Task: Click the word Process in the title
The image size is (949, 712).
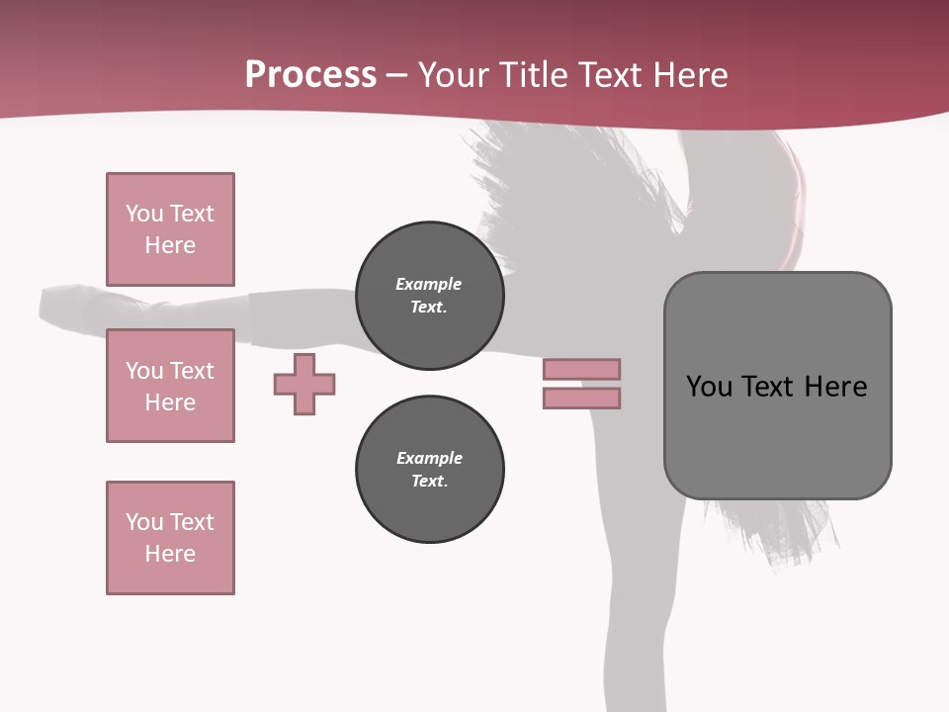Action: coord(310,75)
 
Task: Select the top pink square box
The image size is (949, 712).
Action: coord(170,229)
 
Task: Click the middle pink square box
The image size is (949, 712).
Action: coord(170,386)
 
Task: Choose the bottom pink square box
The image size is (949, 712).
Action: coord(170,538)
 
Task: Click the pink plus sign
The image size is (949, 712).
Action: coord(304,384)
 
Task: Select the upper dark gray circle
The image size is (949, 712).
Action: coord(429,296)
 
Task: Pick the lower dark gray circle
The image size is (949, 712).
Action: coord(429,470)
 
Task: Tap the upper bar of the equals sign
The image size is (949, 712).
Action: coord(581,369)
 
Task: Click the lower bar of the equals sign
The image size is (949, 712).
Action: coord(581,398)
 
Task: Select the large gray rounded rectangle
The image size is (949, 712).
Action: coord(777,435)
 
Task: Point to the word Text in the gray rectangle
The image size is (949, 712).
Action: coord(769,387)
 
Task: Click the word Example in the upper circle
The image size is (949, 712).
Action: coord(429,284)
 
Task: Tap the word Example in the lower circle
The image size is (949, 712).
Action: coord(429,458)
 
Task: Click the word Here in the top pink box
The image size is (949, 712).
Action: coord(170,245)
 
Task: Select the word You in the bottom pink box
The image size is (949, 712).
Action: coord(144,522)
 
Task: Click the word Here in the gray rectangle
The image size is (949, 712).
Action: coord(835,387)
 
